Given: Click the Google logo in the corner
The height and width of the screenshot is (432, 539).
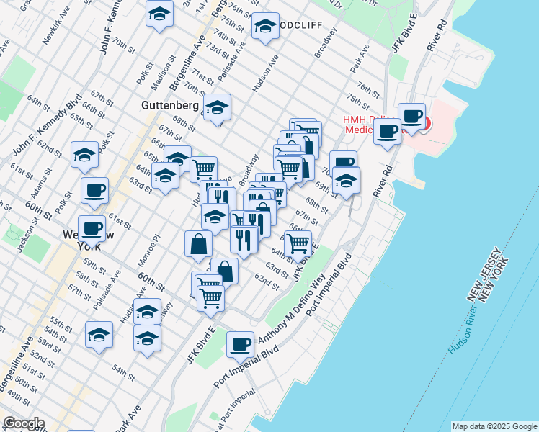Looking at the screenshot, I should coord(23,423).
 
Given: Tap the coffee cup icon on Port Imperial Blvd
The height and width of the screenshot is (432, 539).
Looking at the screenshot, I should coord(240,343).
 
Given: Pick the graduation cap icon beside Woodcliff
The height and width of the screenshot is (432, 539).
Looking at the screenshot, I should coord(265,27).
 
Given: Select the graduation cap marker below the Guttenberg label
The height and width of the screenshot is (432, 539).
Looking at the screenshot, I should coord(216,107).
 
